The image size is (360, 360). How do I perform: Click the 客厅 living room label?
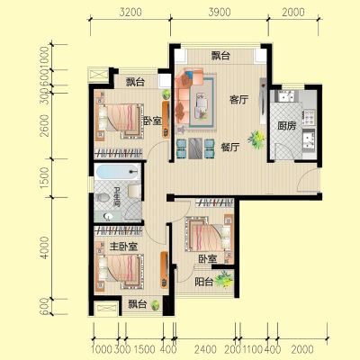click(x=238, y=100)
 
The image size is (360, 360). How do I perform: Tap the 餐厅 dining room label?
click(x=230, y=148)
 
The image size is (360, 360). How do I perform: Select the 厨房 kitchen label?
click(x=286, y=126)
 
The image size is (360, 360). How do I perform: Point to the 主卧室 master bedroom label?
click(x=123, y=247)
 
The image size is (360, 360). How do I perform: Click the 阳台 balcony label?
click(x=204, y=282)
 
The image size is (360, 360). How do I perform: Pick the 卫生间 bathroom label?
click(x=117, y=197)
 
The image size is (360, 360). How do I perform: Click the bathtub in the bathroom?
click(x=117, y=172)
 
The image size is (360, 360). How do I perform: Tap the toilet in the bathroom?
click(x=103, y=197)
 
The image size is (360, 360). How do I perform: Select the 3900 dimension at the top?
click(x=220, y=12)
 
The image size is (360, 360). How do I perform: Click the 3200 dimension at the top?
click(x=130, y=12)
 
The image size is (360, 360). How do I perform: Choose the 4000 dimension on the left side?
click(x=44, y=247)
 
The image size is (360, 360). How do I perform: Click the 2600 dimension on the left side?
click(x=44, y=125)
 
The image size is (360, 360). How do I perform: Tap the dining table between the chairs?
click(x=195, y=148)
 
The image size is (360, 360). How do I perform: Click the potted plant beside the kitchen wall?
click(x=256, y=139)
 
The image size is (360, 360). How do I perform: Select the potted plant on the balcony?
click(x=223, y=279)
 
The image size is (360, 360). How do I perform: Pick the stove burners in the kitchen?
click(x=309, y=117)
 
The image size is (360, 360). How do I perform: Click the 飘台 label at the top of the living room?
click(x=220, y=56)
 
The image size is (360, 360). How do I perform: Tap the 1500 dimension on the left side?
click(x=44, y=177)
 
